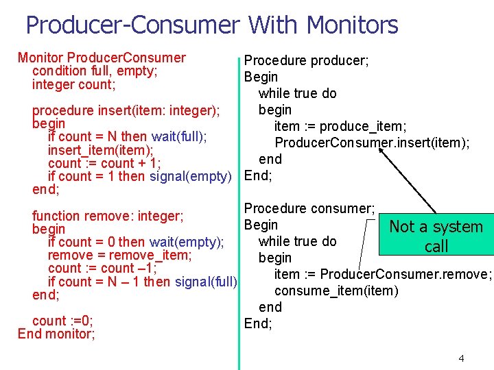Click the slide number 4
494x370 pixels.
pos(461,358)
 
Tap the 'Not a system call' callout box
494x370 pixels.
pos(436,236)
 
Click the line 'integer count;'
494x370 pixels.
pos(73,85)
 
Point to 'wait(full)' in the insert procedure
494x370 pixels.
pos(179,136)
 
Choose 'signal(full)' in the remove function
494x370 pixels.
pos(206,282)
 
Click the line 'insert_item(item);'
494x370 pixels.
pos(100,150)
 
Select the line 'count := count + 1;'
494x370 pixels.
pos(104,163)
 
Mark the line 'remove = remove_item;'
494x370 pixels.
pos(119,255)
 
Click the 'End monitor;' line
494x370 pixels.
pos(56,334)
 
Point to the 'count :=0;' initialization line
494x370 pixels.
pos(62,321)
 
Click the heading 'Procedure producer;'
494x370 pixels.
pos(306,60)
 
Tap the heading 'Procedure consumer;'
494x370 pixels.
pos(309,208)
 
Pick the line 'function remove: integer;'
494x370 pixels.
pos(108,216)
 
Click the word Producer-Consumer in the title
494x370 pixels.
pos(132,25)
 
